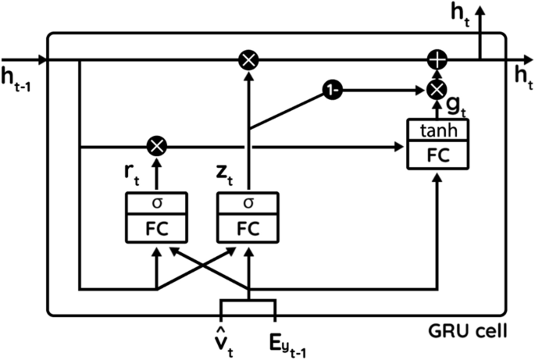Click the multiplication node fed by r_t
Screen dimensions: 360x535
[x=156, y=145]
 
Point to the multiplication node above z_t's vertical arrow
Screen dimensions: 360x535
[x=248, y=59]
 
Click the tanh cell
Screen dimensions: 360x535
[x=437, y=130]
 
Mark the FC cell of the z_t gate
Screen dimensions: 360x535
[x=248, y=228]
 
